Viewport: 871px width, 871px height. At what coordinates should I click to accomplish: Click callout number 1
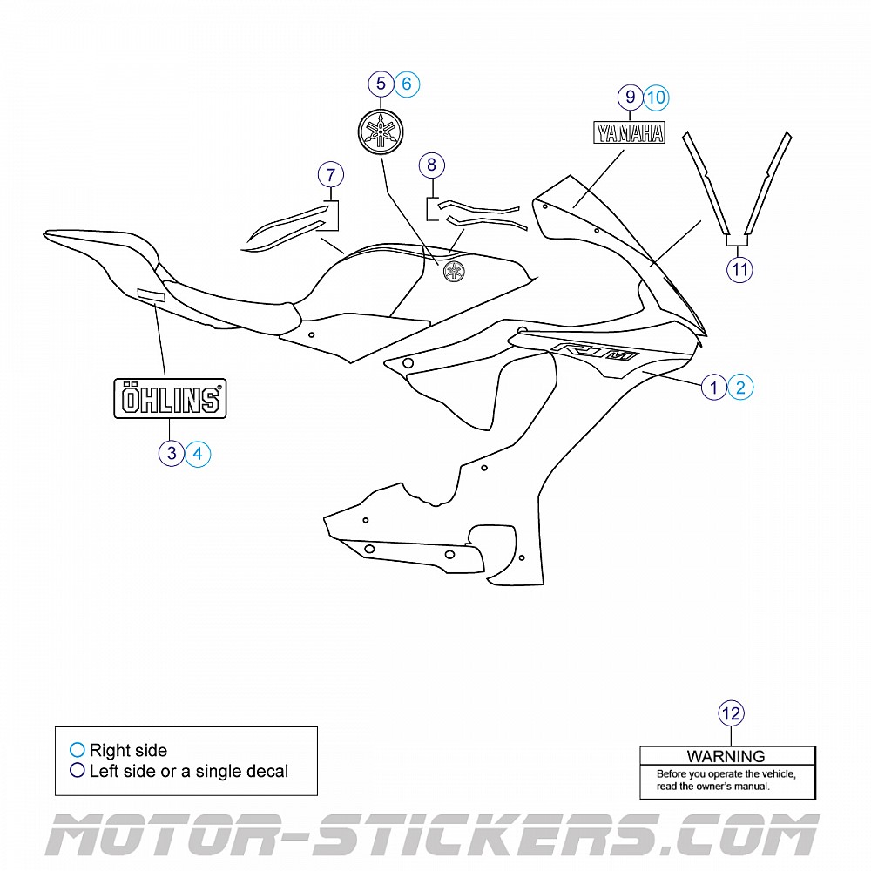click(713, 387)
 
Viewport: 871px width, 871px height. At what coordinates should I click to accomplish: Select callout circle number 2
click(740, 387)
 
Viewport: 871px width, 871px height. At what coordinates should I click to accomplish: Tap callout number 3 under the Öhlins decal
click(172, 453)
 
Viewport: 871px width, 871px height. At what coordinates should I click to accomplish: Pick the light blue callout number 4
click(198, 453)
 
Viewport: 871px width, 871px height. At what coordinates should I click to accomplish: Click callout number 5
click(380, 84)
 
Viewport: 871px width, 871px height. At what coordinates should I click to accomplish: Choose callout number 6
click(407, 84)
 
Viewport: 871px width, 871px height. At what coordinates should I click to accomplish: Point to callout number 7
click(330, 174)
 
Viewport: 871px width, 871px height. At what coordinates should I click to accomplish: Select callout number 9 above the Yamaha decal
click(630, 98)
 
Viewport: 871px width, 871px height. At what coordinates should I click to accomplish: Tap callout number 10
click(656, 98)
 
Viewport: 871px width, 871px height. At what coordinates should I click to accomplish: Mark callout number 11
click(739, 270)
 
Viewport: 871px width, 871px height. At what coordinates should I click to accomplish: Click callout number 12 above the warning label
click(732, 714)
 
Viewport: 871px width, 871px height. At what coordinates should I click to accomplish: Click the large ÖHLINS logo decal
click(171, 399)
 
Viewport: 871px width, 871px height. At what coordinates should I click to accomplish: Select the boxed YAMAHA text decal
click(629, 132)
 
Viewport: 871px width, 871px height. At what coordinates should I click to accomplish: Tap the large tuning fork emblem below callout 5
click(381, 132)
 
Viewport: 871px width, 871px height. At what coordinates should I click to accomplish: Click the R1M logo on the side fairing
click(594, 353)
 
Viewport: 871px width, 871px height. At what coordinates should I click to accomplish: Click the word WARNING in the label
click(726, 756)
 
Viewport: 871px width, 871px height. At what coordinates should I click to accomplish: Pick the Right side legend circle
click(78, 750)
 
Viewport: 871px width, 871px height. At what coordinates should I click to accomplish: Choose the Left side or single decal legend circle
click(78, 771)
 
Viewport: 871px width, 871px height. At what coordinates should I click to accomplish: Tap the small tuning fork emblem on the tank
click(453, 271)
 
